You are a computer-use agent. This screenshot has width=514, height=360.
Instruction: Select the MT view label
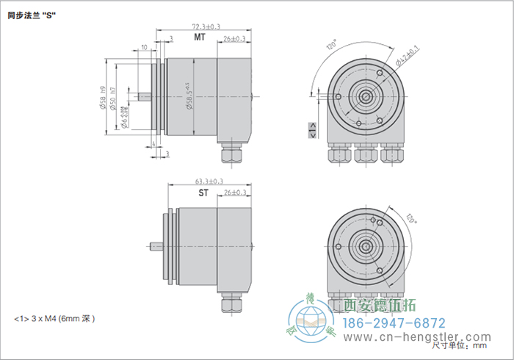click(199, 37)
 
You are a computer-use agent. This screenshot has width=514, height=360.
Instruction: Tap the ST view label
click(203, 194)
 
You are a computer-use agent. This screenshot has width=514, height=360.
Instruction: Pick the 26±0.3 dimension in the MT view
click(234, 38)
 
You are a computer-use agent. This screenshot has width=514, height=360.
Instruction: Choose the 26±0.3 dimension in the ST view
click(234, 192)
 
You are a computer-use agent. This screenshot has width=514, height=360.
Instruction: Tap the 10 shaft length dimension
click(144, 46)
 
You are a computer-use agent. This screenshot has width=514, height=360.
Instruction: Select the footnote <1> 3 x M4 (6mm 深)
click(55, 319)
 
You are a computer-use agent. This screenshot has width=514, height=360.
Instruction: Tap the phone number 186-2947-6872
click(395, 323)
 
